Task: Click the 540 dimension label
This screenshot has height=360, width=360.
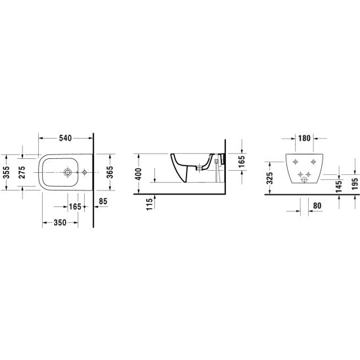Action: pos(66,138)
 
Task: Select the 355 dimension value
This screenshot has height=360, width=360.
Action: pos(7,172)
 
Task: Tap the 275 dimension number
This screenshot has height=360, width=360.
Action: pos(22,172)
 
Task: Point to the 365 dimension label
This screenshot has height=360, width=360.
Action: pos(110,172)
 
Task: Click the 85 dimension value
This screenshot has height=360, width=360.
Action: pos(103,202)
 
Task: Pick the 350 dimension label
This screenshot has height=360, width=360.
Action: pos(60,223)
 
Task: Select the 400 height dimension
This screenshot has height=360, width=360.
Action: pos(138,174)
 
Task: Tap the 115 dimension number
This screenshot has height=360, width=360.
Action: pos(149,204)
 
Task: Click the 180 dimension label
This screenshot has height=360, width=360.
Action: pos(304,138)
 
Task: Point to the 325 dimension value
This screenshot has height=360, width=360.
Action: pos(270,178)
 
